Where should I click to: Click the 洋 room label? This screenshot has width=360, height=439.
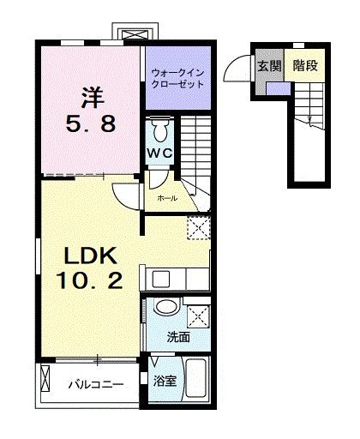(x=93, y=98)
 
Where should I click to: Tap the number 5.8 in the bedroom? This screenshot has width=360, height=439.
(x=91, y=123)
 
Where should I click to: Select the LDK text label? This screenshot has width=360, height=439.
(x=91, y=256)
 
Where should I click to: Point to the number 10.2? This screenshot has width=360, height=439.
(x=89, y=280)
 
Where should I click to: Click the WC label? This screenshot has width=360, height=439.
(x=159, y=153)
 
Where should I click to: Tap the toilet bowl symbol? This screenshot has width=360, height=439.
(x=160, y=130)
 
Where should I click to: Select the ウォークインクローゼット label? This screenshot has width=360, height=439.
(x=177, y=79)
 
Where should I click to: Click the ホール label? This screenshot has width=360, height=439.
(x=167, y=198)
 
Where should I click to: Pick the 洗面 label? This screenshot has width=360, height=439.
(x=178, y=337)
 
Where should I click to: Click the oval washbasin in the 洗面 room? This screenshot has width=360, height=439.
(x=167, y=307)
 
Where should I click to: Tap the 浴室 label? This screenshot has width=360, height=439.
(x=165, y=381)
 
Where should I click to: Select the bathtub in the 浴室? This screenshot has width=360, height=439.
(x=196, y=378)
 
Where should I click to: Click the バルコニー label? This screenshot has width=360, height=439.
(x=96, y=384)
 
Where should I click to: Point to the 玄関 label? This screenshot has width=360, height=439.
(x=270, y=66)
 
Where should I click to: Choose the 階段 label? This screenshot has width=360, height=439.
(x=305, y=66)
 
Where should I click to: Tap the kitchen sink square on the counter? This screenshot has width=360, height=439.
(x=161, y=279)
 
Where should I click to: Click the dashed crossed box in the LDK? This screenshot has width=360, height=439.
(x=199, y=227)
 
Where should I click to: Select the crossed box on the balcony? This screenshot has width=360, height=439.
(x=45, y=379)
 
